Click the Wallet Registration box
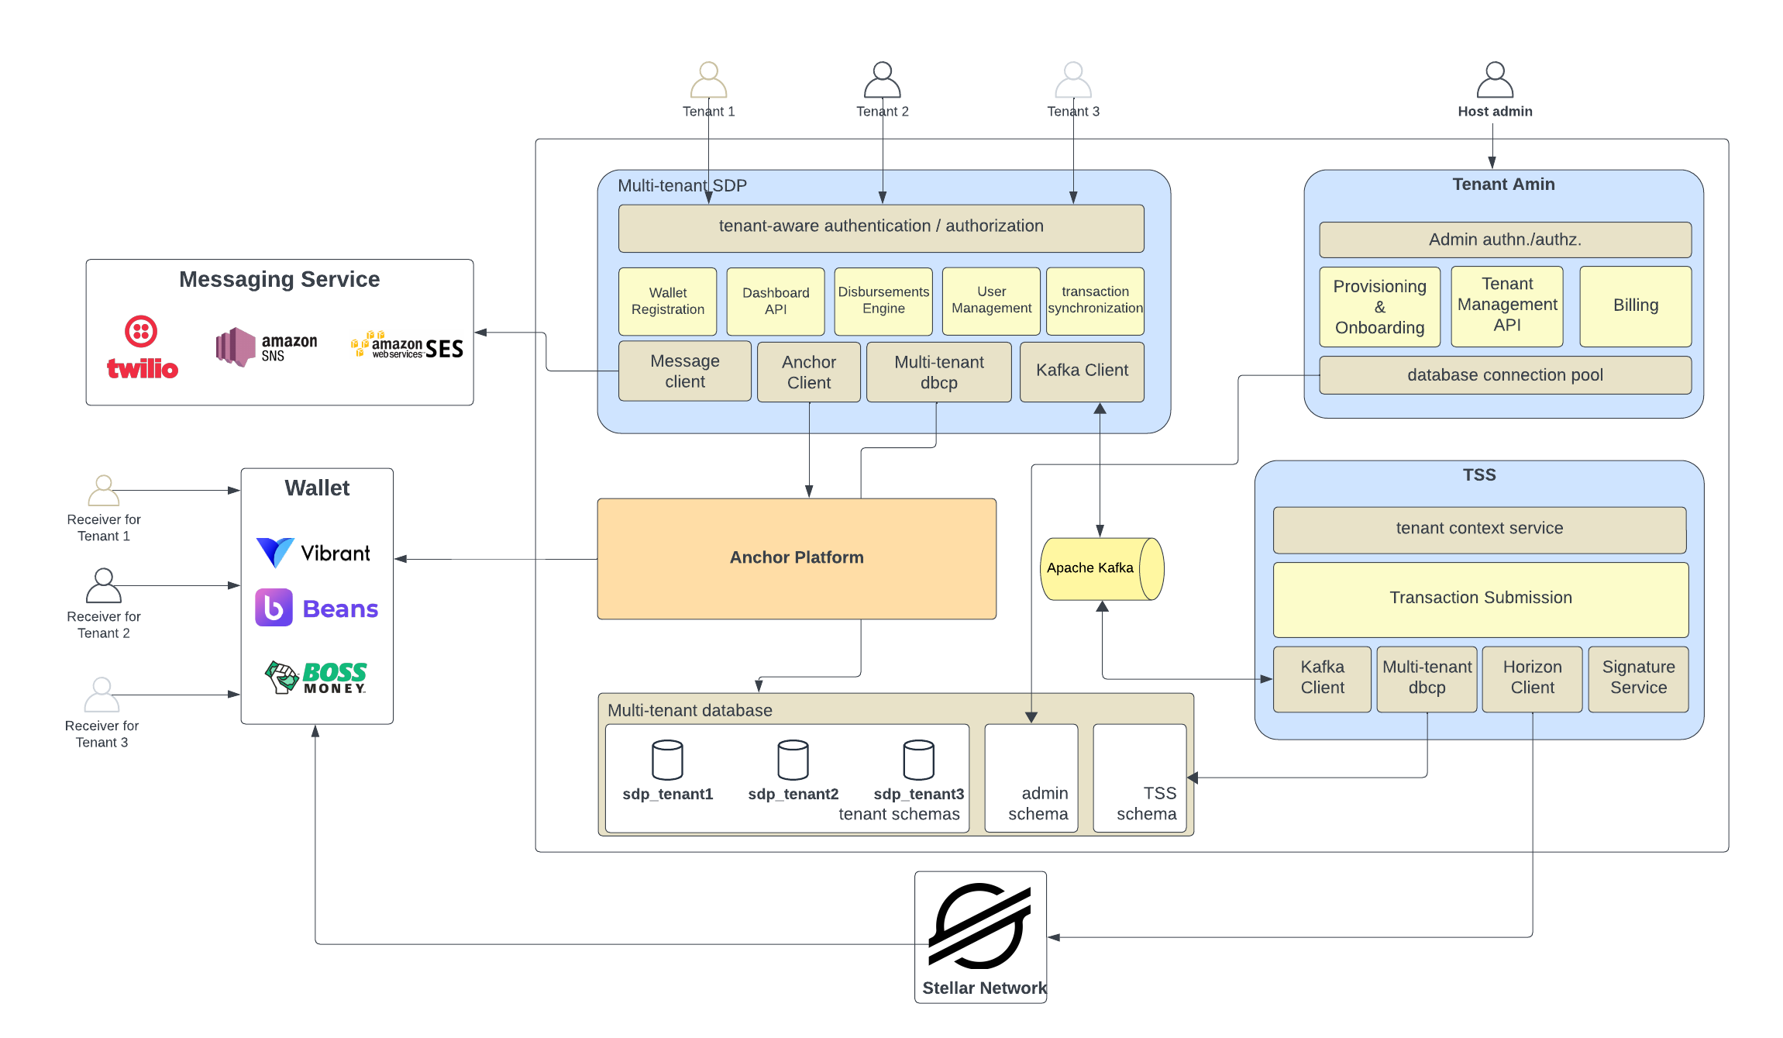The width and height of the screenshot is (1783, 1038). [x=667, y=301]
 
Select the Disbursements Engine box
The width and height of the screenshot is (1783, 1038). [x=883, y=301]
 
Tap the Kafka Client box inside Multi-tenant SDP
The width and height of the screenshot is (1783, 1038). [x=1082, y=371]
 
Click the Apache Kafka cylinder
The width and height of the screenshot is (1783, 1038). [x=1101, y=568]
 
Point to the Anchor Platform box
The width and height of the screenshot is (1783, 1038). [x=796, y=558]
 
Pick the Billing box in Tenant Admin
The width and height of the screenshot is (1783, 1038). [x=1635, y=306]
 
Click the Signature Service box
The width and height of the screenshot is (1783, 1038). [x=1638, y=678]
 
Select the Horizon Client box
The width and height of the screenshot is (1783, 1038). [x=1532, y=678]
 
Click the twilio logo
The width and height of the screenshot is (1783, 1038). [x=142, y=348]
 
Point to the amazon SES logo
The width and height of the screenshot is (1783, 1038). [x=408, y=347]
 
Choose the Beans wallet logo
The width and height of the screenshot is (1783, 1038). [x=317, y=608]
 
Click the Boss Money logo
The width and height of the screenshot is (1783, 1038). [x=316, y=677]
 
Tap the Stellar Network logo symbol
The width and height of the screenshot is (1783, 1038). [x=979, y=926]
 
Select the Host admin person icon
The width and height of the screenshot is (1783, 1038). [x=1494, y=81]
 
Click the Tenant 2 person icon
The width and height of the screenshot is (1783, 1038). [x=882, y=81]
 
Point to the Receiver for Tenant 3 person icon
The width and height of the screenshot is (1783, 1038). [x=102, y=695]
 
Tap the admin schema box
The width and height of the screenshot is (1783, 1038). [x=1031, y=778]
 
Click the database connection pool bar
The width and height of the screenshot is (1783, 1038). [x=1504, y=375]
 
